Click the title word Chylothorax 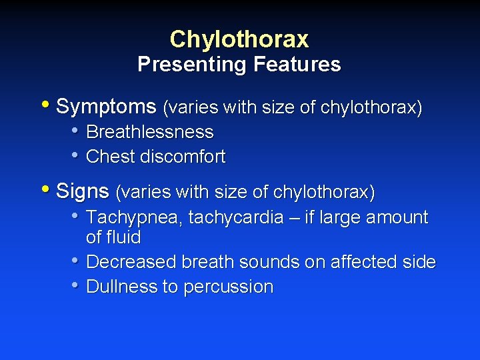point(239,39)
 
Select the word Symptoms point(107,107)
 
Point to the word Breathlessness point(150,132)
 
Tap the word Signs point(83,192)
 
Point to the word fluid point(123,237)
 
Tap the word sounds point(268,262)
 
